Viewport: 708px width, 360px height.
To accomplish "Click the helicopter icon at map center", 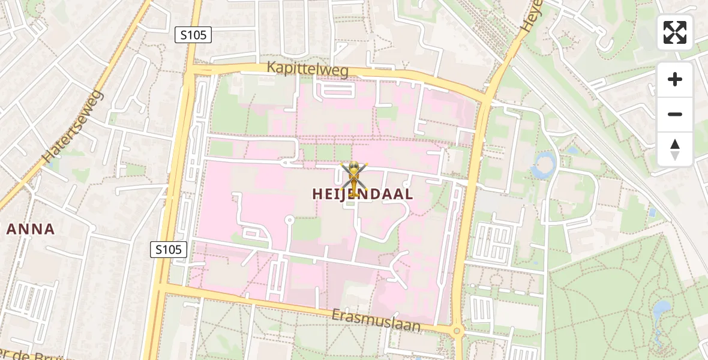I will (354, 179).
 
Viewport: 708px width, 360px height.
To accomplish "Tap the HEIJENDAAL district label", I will (362, 194).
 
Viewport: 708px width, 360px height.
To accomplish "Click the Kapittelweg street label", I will (308, 70).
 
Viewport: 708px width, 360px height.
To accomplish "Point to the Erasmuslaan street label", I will (376, 321).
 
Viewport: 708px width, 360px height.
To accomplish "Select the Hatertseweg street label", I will (73, 127).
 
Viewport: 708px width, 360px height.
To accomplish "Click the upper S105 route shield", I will (193, 35).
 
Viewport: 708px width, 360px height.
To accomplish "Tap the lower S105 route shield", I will (169, 250).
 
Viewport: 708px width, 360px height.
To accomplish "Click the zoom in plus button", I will (675, 79).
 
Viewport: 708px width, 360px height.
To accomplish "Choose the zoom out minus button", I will (675, 114).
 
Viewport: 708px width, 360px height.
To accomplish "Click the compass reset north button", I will (675, 149).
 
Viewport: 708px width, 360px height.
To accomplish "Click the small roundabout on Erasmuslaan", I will (457, 330).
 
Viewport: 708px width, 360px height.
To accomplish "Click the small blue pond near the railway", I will (652, 212).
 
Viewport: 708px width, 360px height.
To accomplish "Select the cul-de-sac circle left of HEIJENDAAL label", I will (289, 220).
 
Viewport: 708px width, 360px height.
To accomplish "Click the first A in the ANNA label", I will (11, 229).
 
